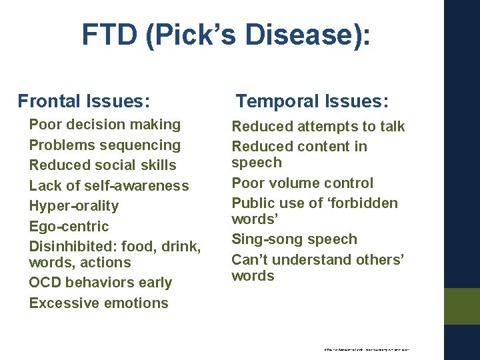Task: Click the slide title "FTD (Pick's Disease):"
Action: coord(226,35)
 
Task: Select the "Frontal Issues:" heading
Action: coord(83,101)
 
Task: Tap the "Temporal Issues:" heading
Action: coord(313,101)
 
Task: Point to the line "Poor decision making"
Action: coord(105,125)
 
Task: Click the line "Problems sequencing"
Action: coord(105,145)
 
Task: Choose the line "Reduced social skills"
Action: coord(103,165)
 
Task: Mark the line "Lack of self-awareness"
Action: coord(109,185)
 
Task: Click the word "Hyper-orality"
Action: coord(73,206)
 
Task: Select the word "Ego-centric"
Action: coord(69,226)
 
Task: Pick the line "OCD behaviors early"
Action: coord(100,283)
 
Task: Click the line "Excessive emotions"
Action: coord(99,303)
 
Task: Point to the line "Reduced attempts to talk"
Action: coord(318,127)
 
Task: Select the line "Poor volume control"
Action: coord(302,183)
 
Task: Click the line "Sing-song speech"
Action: coord(294,239)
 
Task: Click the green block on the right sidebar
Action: coord(462,306)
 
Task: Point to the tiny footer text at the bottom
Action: coord(366,349)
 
